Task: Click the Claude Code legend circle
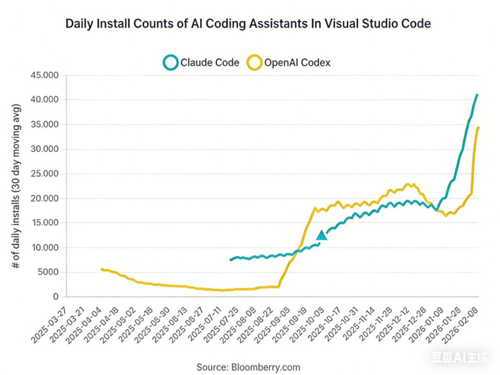click(171, 62)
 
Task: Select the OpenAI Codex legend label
click(297, 62)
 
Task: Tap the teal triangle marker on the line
click(322, 235)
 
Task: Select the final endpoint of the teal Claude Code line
click(477, 95)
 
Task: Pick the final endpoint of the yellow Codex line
click(478, 127)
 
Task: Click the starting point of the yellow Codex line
click(102, 269)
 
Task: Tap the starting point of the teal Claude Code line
click(231, 260)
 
